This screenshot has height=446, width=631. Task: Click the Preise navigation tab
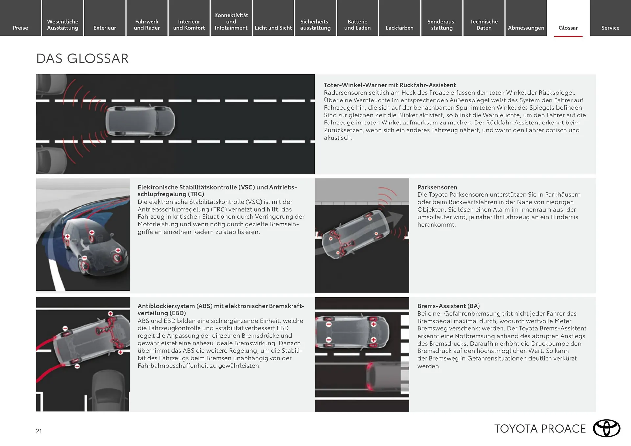20,28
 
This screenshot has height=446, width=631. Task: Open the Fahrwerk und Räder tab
147,25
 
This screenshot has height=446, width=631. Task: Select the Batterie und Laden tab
357,25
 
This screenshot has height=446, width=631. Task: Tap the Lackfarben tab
399,28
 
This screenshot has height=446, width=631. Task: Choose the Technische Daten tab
484,25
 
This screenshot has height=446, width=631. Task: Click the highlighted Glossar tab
568,28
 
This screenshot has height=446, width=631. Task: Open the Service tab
610,28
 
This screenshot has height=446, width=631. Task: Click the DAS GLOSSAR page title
82,59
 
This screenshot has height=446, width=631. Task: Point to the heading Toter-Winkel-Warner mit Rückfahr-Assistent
389,85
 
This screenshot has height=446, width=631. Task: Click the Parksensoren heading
437,187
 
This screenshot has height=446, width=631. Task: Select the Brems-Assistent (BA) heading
448,306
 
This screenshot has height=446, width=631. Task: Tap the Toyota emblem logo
606,428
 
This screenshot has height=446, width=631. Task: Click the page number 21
39,431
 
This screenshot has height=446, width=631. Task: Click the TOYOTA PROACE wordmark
540,429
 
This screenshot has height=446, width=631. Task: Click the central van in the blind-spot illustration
140,121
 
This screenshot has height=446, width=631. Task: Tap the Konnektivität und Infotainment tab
231,21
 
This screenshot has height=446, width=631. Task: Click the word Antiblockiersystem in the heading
166,306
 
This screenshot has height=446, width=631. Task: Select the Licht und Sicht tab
273,28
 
